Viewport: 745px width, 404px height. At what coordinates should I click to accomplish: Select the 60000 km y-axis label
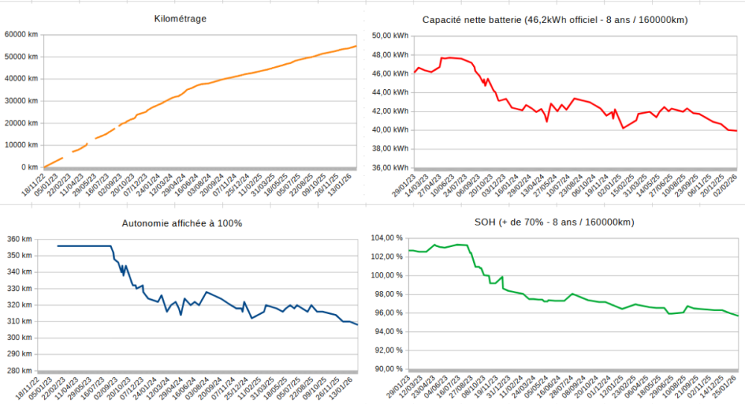21,34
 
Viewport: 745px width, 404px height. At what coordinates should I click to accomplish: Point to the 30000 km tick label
21,100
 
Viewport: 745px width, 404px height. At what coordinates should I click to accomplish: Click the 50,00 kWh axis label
390,35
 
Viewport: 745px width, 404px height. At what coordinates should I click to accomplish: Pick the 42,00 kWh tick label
390,111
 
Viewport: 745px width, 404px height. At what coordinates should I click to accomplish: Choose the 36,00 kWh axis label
390,167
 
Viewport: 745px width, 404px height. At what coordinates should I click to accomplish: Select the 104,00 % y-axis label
387,238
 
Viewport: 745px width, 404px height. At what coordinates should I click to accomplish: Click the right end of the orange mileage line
356,46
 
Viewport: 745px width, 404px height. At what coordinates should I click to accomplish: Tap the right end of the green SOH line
738,316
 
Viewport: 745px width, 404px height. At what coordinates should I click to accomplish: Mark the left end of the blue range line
58,246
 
